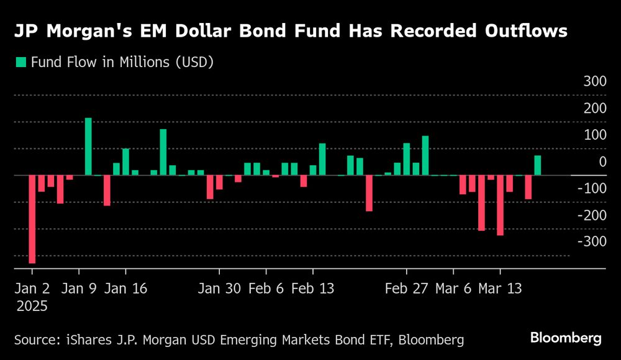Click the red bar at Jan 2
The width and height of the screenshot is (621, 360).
point(32,219)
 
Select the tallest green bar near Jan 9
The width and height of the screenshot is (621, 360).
point(88,146)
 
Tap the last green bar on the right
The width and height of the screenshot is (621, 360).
point(537,165)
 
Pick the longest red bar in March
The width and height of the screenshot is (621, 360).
point(500,205)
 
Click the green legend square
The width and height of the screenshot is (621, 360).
point(21,62)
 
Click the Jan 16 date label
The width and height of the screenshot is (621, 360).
point(126,289)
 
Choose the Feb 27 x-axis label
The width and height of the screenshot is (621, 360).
point(406,289)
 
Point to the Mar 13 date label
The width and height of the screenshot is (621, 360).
point(499,289)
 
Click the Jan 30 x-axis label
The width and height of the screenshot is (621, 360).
point(219,289)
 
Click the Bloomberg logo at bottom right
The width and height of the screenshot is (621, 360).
point(566,338)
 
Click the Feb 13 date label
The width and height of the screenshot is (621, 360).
point(313,289)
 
